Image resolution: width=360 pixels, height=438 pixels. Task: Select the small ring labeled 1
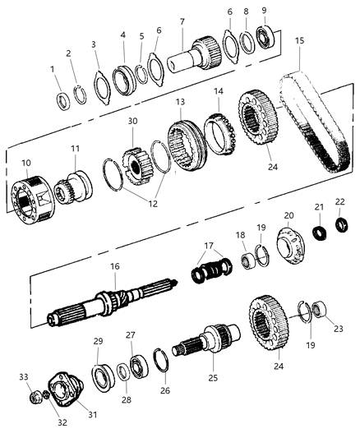click(x=62, y=102)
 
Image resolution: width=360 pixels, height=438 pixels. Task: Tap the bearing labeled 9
click(x=265, y=37)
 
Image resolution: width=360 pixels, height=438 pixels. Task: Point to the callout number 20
click(x=288, y=215)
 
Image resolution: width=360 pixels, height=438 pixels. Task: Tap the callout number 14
click(x=218, y=91)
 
